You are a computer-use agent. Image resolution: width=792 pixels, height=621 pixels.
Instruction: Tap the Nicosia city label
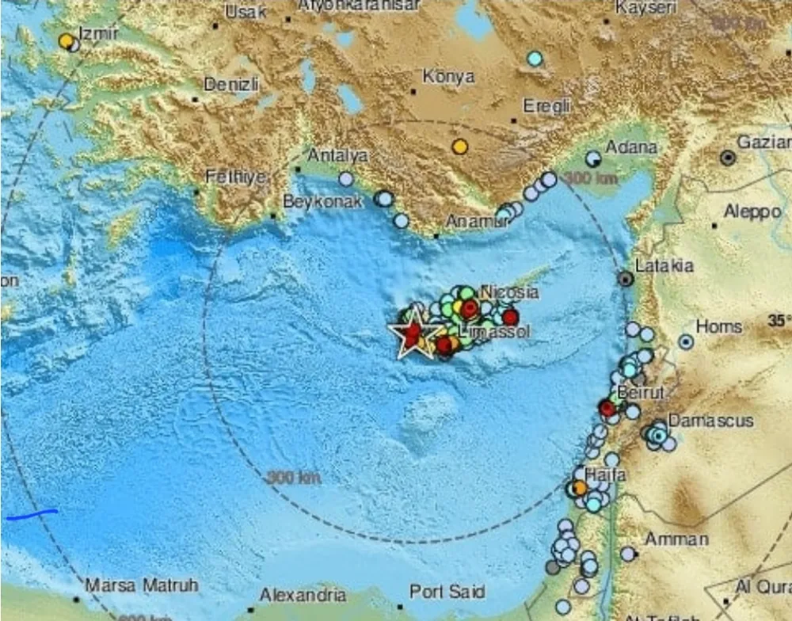(510, 292)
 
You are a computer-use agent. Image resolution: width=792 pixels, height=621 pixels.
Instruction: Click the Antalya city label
(337, 155)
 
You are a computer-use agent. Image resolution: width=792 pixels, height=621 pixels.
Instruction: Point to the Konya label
(448, 77)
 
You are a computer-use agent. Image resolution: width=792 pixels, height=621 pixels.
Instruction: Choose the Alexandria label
(303, 595)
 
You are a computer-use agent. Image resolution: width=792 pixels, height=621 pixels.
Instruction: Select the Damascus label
(710, 421)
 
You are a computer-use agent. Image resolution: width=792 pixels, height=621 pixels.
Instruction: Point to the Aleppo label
(752, 211)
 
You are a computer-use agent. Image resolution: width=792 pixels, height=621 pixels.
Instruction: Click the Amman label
(676, 539)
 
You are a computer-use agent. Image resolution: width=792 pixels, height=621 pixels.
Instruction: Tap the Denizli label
(230, 84)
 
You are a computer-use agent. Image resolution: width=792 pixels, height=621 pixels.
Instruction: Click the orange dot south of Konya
(460, 147)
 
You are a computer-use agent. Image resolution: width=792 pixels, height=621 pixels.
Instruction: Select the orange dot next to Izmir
(67, 40)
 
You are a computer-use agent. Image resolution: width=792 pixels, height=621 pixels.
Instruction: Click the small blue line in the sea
(32, 516)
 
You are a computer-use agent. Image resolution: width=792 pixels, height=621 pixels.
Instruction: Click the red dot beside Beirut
(607, 409)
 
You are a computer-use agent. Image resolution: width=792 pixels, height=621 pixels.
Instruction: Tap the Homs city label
(719, 326)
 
